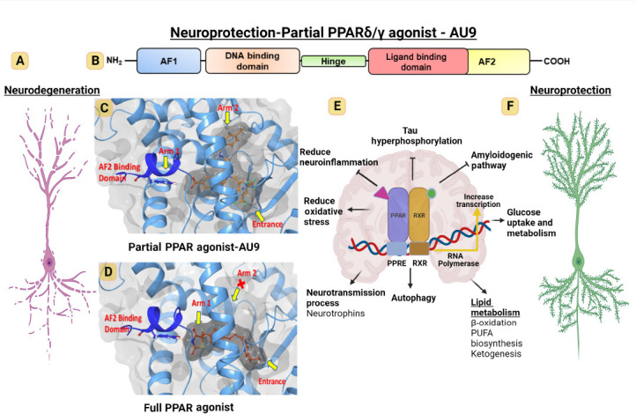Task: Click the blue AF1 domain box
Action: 169,61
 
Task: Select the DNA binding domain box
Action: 253,61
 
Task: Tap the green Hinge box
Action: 333,62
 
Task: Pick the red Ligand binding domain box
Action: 418,62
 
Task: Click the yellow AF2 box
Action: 499,62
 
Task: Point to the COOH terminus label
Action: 557,62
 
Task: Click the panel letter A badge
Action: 20,61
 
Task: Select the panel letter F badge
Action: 510,107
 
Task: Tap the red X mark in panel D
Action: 241,285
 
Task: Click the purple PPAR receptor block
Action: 398,215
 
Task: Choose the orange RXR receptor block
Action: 419,215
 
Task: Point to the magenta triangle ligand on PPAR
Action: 381,192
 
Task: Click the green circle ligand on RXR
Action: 432,193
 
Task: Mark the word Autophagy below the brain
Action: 413,298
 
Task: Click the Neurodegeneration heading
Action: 52,90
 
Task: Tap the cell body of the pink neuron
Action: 49,262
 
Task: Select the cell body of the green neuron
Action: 579,262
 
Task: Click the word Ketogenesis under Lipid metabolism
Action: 496,353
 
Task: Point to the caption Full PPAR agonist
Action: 189,407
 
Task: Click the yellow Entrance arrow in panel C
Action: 260,216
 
